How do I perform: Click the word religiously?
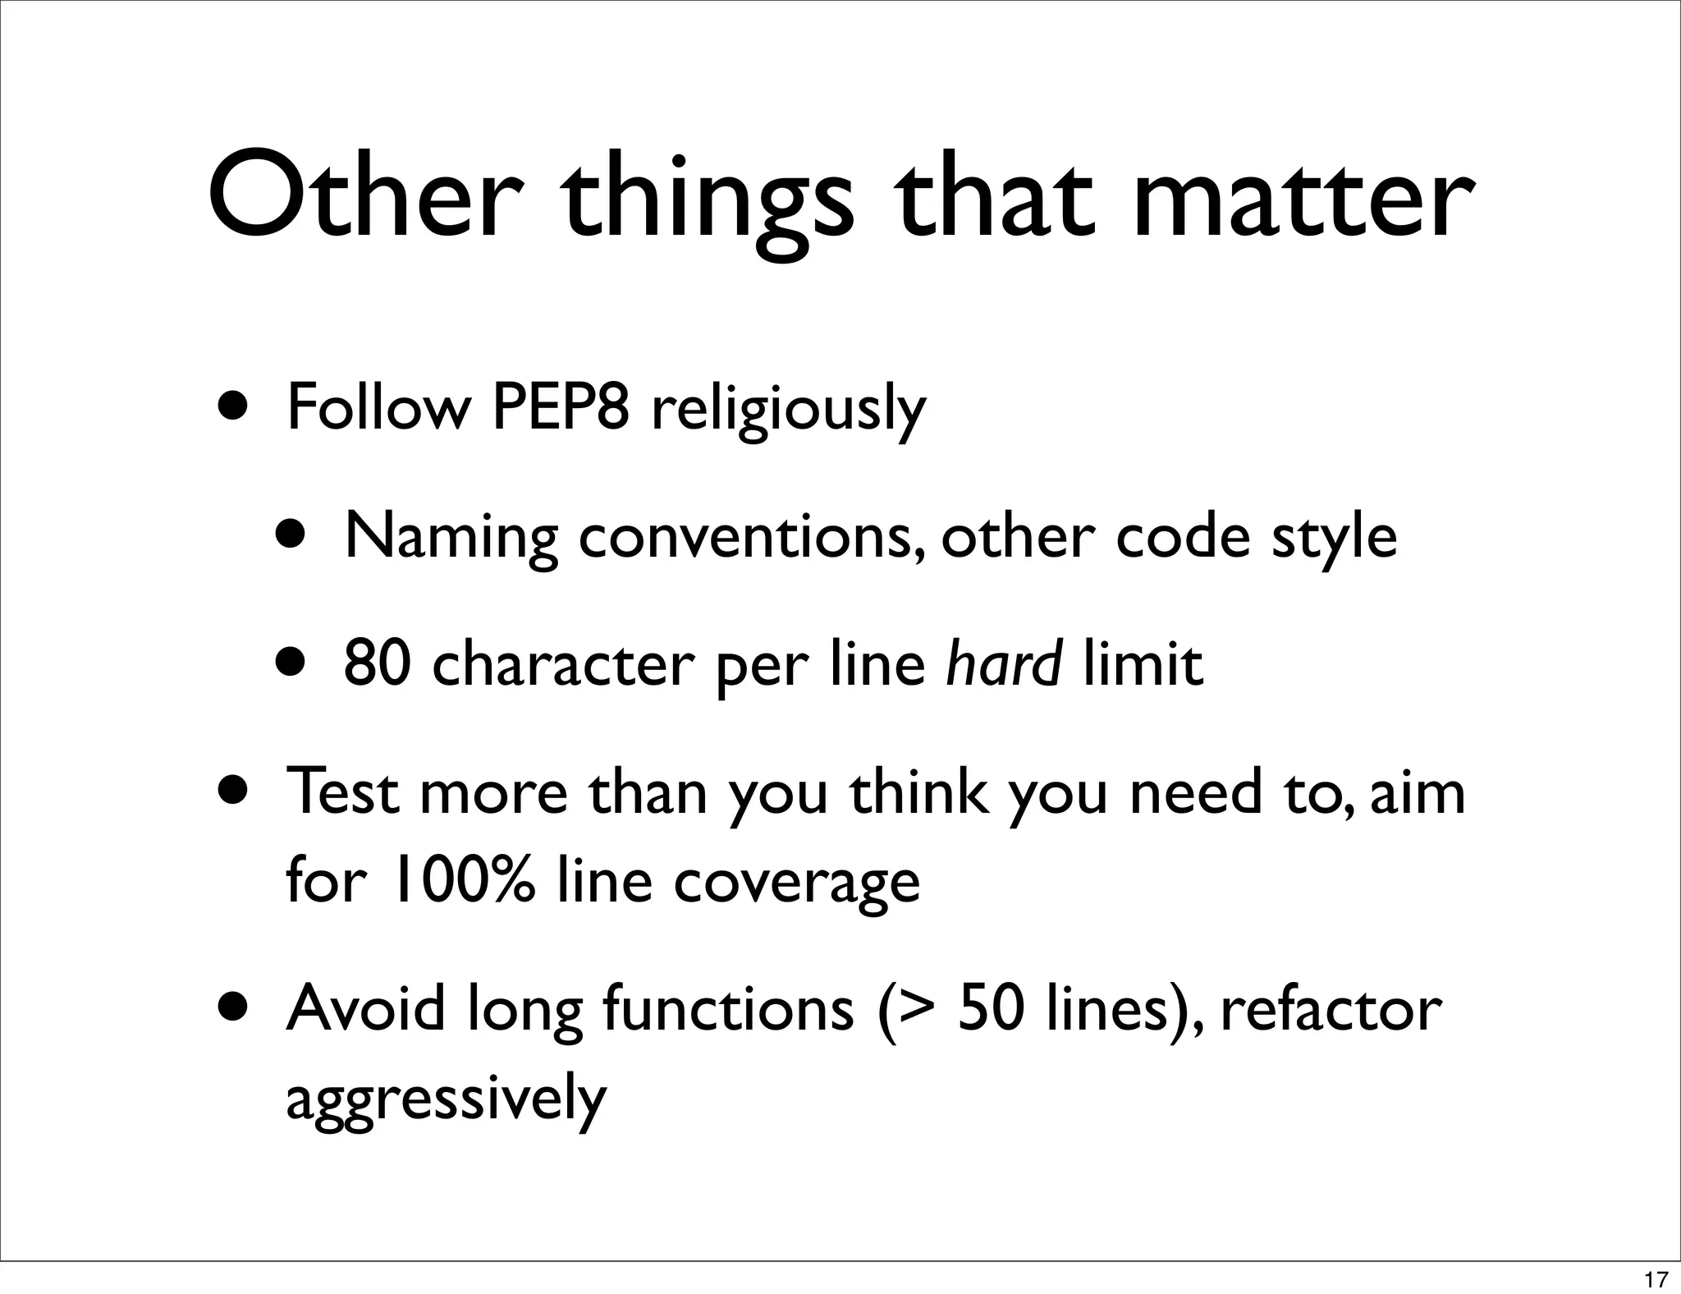(788, 411)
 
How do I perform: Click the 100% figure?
(465, 879)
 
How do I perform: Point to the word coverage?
(796, 883)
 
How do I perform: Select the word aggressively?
(446, 1100)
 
